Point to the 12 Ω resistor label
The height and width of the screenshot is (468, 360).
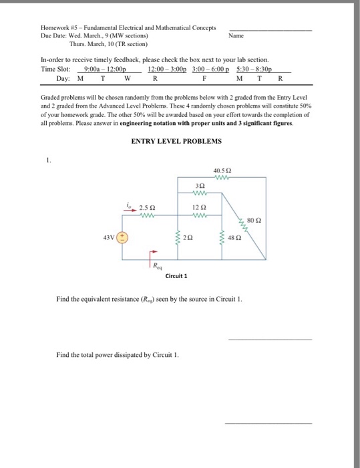pyautogui.click(x=200, y=208)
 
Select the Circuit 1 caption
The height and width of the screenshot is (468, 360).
pyautogui.click(x=176, y=275)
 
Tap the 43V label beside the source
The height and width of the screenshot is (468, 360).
pyautogui.click(x=108, y=237)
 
